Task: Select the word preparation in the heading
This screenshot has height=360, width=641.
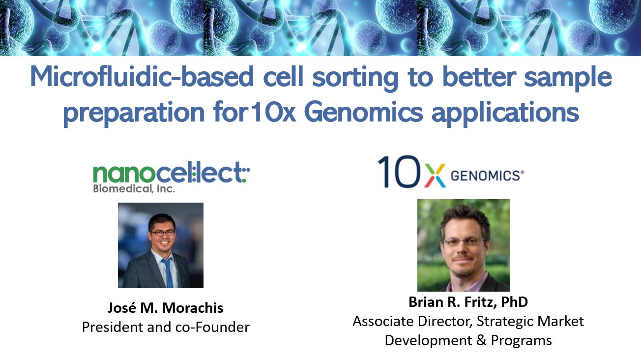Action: coord(134,113)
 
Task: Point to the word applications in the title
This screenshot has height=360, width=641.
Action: coord(505,113)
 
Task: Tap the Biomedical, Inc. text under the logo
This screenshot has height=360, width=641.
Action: coord(134,189)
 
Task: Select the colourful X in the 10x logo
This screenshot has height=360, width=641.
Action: coord(435,176)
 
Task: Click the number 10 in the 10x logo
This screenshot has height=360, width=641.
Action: coord(399,172)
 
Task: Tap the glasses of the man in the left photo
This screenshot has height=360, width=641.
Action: coord(162,233)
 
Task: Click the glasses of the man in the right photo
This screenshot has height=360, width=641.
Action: coord(462,241)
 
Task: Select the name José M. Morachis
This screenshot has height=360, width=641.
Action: coord(165,308)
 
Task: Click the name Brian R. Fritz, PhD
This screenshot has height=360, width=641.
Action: coord(468,302)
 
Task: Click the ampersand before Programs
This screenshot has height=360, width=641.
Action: coord(481,340)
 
